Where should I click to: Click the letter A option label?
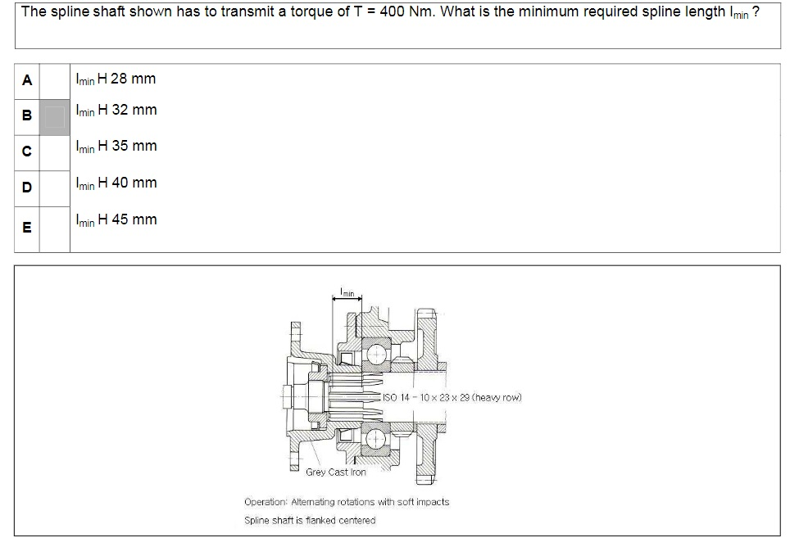[27, 80]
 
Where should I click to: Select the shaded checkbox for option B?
[55, 115]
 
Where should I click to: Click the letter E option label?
[27, 228]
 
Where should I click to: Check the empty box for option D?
[55, 188]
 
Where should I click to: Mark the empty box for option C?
[55, 152]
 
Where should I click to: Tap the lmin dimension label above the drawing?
[347, 292]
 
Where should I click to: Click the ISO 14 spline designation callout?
[452, 399]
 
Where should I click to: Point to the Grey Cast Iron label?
[336, 472]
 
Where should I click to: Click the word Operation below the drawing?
[266, 501]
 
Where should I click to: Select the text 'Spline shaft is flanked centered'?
[310, 520]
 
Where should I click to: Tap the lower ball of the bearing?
[378, 436]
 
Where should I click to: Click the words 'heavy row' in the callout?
[502, 399]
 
